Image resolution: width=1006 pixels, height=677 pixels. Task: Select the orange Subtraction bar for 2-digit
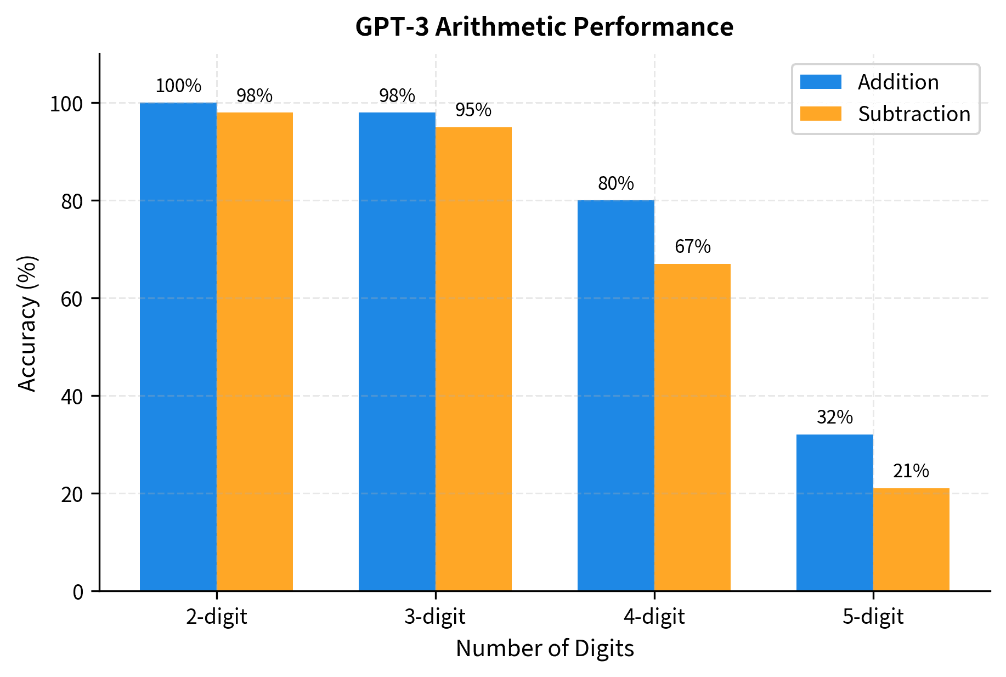click(255, 352)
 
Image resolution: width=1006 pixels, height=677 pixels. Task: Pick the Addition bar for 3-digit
click(397, 352)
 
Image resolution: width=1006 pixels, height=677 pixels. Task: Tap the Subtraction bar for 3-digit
click(473, 359)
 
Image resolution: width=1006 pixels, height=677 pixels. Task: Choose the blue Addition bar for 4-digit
click(616, 396)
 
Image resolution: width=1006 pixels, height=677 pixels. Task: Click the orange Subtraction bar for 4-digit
click(692, 427)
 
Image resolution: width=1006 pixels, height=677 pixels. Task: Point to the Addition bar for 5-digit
click(834, 512)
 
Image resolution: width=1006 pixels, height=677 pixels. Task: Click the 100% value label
click(178, 86)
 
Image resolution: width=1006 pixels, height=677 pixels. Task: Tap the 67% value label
click(692, 247)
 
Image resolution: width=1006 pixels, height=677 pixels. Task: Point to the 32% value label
click(834, 418)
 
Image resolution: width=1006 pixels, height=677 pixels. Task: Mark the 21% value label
click(911, 471)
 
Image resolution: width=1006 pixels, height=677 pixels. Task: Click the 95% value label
click(473, 110)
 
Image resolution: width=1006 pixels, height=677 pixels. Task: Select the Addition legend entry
click(898, 82)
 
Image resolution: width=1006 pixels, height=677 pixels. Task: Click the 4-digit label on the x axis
click(654, 617)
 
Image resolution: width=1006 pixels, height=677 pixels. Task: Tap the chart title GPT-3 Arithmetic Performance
click(544, 26)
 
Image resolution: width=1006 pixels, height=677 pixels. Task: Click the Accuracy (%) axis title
click(27, 323)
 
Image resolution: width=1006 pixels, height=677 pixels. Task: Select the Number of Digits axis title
click(544, 648)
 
